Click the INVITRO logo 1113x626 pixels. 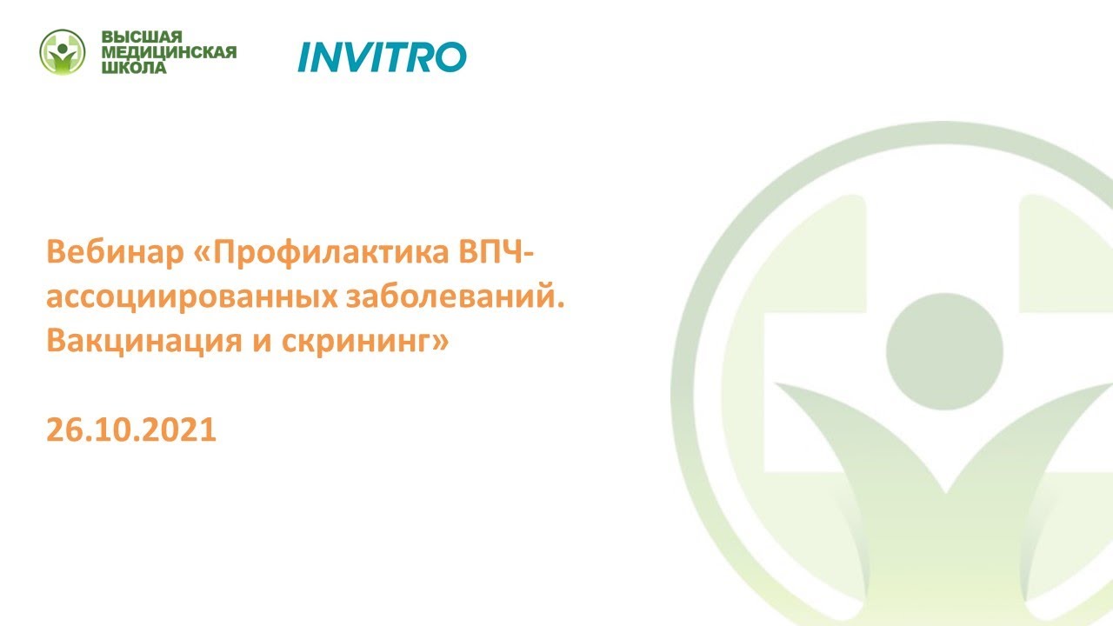pos(382,57)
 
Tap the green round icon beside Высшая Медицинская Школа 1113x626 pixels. pos(63,52)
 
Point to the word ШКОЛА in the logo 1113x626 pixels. pos(134,68)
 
